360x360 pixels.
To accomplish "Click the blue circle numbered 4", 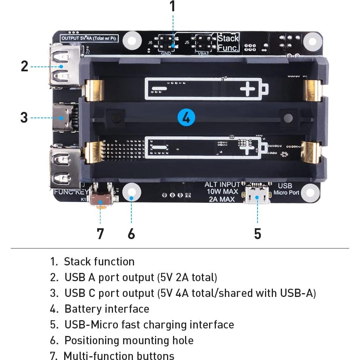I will [186, 118].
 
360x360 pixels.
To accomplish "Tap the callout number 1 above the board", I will [172, 7].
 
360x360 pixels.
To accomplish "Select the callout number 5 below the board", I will [258, 233].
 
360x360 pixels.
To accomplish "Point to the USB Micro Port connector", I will [258, 196].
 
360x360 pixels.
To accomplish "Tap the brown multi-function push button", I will [101, 200].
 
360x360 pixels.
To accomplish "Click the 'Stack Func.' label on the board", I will [228, 42].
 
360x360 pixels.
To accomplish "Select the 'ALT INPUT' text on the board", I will [222, 184].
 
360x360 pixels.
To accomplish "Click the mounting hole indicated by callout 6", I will [131, 192].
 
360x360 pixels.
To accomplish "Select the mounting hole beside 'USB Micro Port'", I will [311, 193].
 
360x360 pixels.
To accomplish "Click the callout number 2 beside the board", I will [24, 66].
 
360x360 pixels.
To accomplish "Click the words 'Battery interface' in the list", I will [107, 309].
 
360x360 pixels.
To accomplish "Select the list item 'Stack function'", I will [99, 262].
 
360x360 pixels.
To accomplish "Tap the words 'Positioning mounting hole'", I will [129, 340].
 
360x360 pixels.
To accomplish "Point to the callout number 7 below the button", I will [100, 233].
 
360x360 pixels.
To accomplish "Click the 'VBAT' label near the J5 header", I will [203, 53].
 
